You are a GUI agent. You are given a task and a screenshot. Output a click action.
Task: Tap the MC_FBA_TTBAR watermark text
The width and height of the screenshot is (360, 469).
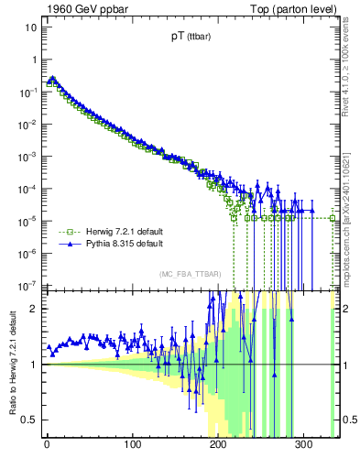click(187, 274)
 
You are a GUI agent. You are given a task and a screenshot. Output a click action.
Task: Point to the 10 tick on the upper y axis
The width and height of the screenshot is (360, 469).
click(30, 27)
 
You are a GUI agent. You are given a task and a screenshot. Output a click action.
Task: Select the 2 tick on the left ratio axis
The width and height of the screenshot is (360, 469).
click(34, 309)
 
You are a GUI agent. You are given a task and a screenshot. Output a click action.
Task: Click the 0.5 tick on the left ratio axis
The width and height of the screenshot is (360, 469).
click(29, 420)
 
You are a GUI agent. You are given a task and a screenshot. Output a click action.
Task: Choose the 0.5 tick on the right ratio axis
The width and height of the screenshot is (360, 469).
click(350, 420)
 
